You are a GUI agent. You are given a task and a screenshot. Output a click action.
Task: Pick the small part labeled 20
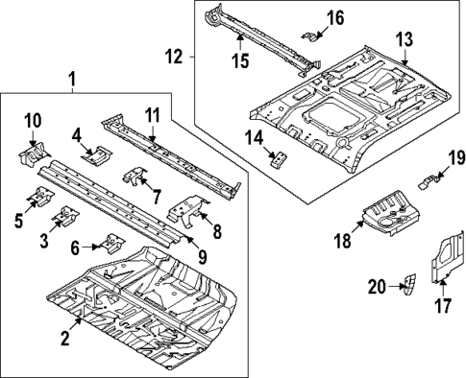pyautogui.click(x=408, y=284)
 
